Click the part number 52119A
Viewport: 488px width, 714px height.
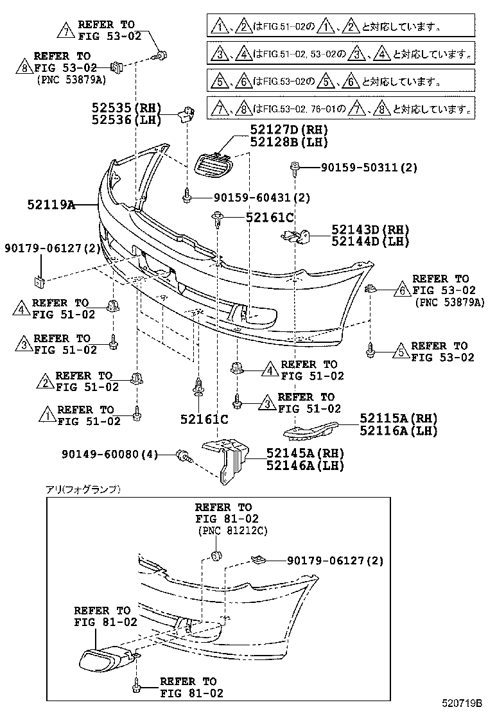pyautogui.click(x=51, y=205)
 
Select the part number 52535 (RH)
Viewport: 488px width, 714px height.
pyautogui.click(x=125, y=108)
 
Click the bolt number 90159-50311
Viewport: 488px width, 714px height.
pyautogui.click(x=369, y=168)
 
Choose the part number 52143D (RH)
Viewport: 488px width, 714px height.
pyautogui.click(x=370, y=230)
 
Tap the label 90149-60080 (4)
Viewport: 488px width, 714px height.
pyautogui.click(x=110, y=455)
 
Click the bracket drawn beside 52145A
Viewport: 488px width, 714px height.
pyautogui.click(x=225, y=458)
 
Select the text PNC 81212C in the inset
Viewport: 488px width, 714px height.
pyautogui.click(x=232, y=530)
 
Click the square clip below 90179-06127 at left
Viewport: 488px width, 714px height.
pyautogui.click(x=39, y=280)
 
